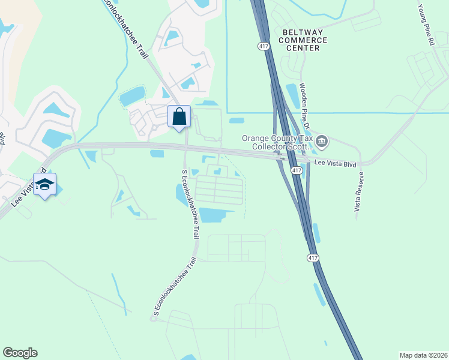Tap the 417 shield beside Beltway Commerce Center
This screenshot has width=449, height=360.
tap(262, 46)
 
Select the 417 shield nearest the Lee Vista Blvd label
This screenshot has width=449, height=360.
tap(297, 171)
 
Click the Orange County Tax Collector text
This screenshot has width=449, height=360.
tap(277, 142)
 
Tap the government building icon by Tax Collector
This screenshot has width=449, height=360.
tap(322, 142)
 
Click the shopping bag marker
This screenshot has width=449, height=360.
tap(179, 116)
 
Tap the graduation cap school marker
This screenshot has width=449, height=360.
tap(44, 184)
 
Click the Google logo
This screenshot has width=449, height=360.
tap(20, 353)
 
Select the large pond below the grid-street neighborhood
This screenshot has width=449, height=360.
tap(217, 215)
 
